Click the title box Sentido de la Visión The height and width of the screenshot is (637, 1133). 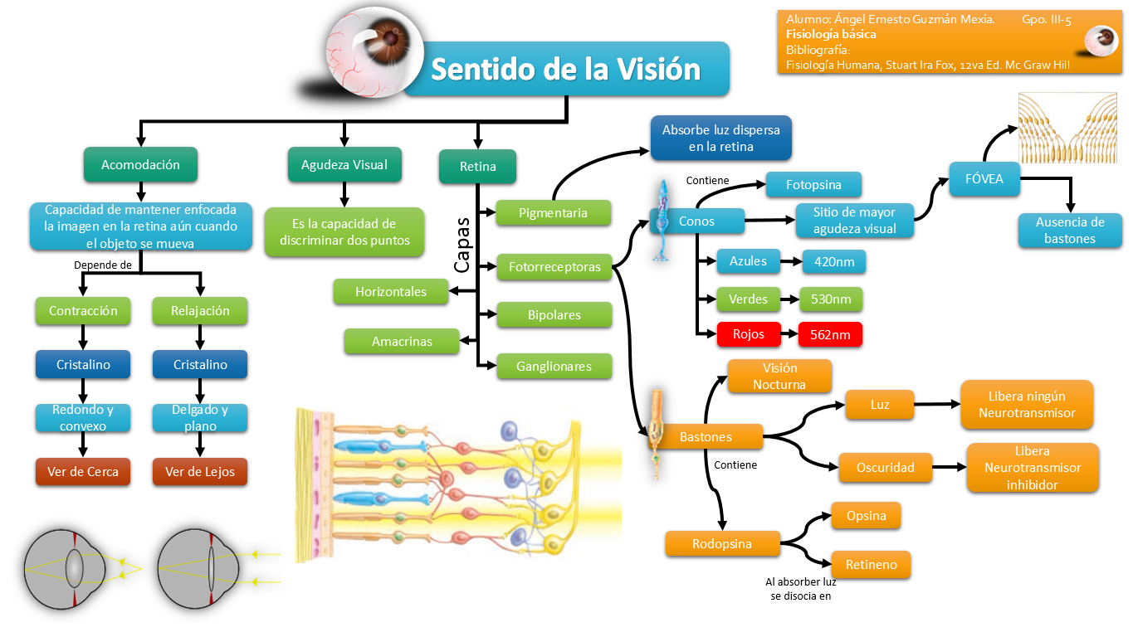coord(566,69)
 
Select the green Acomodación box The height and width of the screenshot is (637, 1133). coord(140,164)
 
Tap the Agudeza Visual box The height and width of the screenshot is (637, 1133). coord(344,164)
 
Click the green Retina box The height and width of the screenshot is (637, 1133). coord(477,166)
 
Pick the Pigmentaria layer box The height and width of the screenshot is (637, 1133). coord(553,213)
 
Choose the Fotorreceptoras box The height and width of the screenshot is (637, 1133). coord(554,266)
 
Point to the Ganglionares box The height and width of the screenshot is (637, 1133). coord(554,366)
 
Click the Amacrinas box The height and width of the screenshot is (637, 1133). coord(402,341)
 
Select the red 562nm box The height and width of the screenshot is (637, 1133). coord(830,334)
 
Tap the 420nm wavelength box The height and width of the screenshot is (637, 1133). coord(833,262)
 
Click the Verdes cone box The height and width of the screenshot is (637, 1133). coord(748,299)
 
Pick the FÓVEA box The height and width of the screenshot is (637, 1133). coord(984,178)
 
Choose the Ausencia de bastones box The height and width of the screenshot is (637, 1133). coord(1070,231)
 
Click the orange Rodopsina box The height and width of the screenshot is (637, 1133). coord(722,544)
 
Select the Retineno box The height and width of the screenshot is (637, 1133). coord(871,565)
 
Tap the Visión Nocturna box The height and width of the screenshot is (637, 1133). coord(779,376)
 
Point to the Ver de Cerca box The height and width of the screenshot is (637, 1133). coord(82,471)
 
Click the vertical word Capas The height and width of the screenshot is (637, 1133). coord(463,246)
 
